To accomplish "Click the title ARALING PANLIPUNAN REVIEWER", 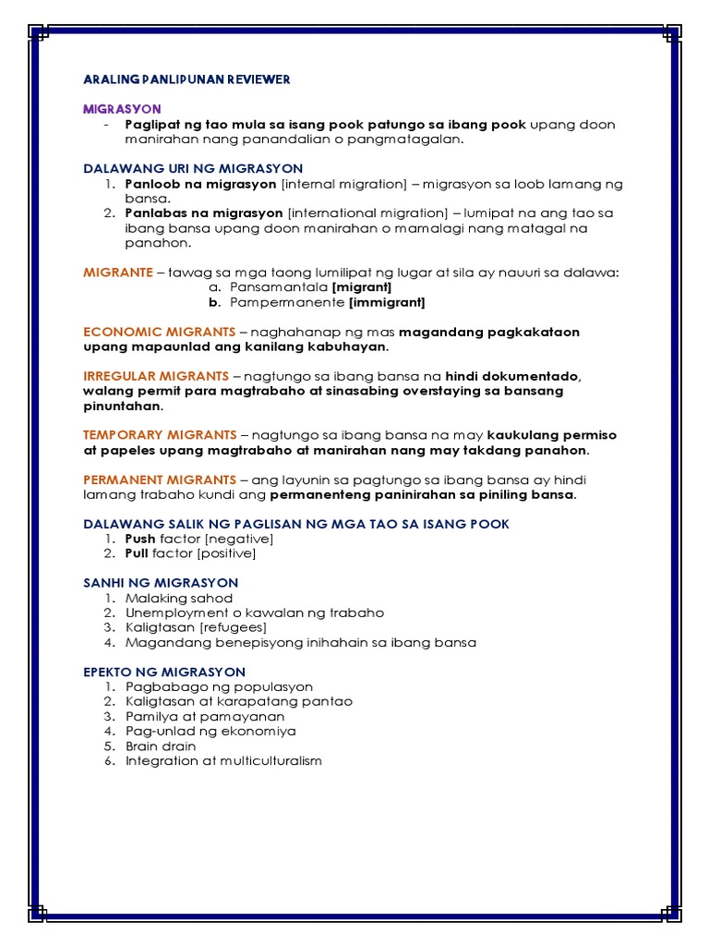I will [186, 79].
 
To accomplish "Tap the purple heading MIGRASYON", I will [122, 109].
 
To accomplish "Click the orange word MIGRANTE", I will [117, 273].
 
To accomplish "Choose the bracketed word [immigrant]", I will [387, 302].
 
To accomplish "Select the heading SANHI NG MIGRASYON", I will [161, 583].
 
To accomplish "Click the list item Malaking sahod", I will [179, 599].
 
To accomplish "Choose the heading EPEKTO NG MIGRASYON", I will [164, 672].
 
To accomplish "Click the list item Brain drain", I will [161, 746].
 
